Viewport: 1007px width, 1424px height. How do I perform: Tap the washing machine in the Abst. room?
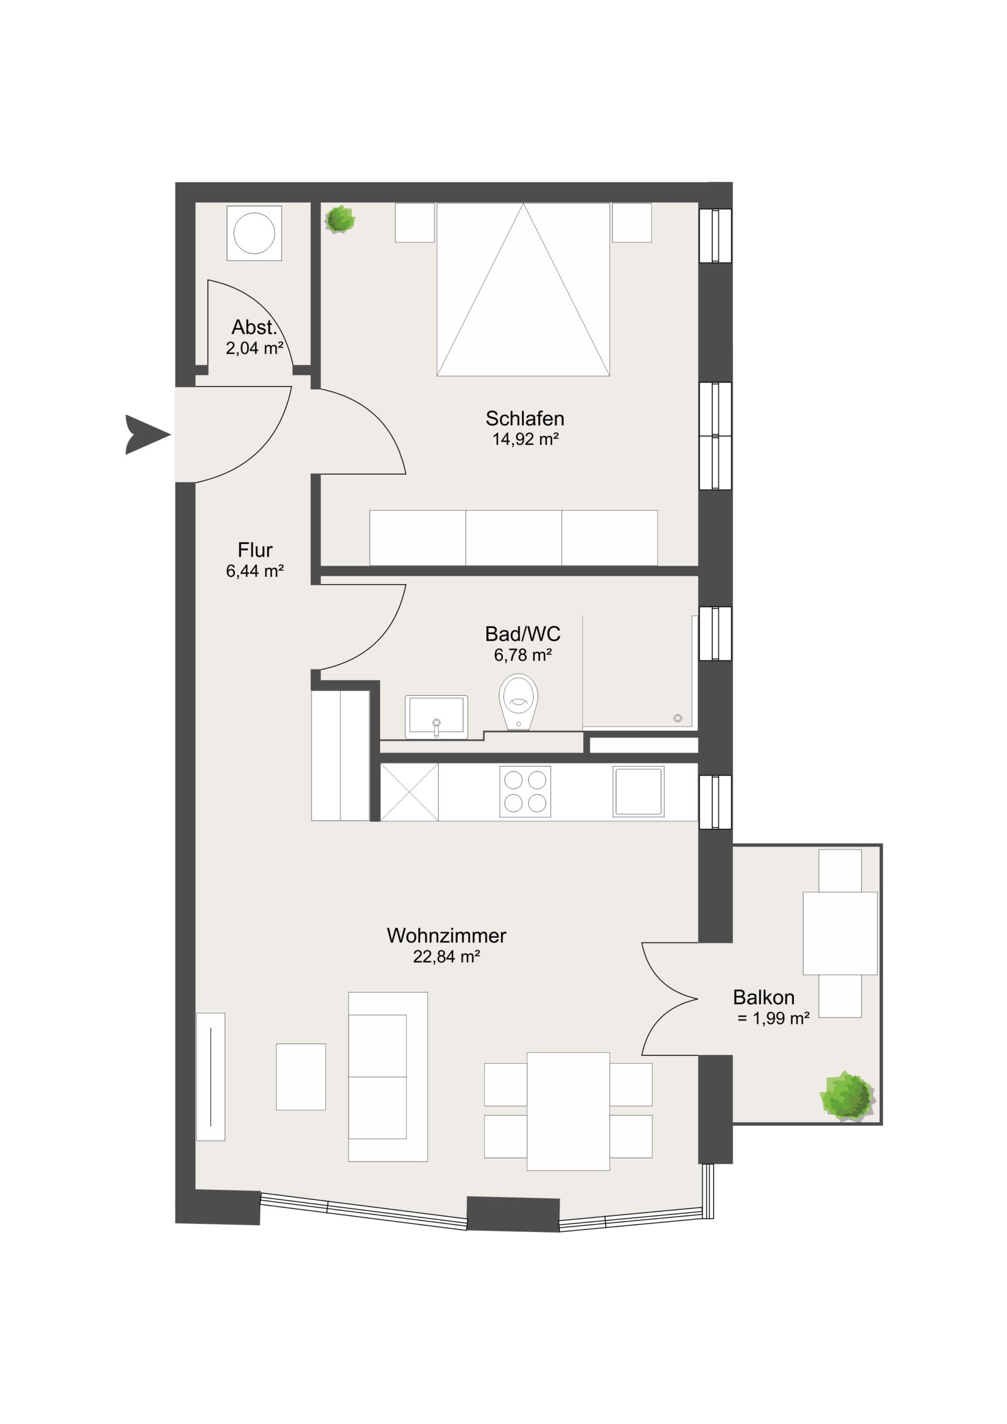254,233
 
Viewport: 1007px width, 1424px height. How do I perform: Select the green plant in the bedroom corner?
340,220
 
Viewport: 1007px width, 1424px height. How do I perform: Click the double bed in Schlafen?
523,289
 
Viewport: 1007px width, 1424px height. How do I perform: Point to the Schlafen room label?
524,419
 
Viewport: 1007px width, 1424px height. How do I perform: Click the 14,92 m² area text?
526,439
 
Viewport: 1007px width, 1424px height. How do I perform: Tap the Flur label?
255,550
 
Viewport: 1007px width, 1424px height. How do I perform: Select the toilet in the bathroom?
518,702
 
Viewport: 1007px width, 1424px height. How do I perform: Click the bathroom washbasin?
436,717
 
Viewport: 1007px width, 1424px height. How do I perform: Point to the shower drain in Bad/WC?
678,718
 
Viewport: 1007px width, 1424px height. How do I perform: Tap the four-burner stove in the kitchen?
525,792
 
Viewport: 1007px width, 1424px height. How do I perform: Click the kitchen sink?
639,792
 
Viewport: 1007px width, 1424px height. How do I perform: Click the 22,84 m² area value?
447,956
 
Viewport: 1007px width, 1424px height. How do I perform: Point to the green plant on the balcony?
847,1096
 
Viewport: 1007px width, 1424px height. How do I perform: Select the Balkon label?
763,997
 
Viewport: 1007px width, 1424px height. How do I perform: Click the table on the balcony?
840,933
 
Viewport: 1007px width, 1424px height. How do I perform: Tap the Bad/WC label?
523,634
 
